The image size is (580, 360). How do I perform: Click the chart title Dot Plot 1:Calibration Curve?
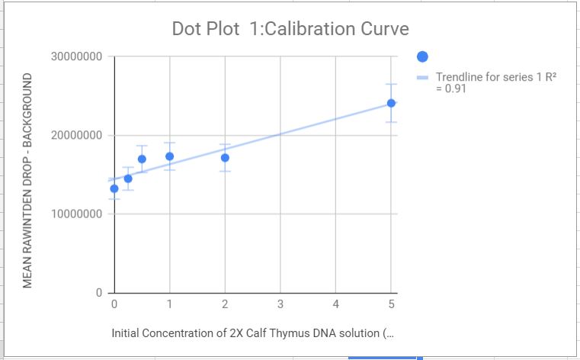pos(290,30)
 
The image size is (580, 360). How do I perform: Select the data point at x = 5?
pos(391,103)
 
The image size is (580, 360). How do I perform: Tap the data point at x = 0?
pos(114,188)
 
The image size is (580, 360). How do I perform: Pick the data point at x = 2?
pos(225,158)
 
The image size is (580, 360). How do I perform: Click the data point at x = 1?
pos(169,156)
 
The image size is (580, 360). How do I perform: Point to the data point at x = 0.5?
pos(142,159)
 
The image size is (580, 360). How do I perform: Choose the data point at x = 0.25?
pos(128,178)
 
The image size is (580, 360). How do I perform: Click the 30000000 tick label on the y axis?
pos(77,58)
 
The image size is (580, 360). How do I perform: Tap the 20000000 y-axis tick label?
pos(77,136)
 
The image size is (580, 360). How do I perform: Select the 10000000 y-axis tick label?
pos(77,214)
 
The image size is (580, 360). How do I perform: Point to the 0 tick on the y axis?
pos(99,293)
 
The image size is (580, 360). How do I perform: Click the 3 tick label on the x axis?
pos(280,304)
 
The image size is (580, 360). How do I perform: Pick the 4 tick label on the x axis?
pos(336,304)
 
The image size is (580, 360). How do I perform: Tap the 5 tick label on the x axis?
pos(391,304)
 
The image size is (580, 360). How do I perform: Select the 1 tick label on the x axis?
pos(169,304)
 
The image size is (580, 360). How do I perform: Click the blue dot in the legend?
pos(423,56)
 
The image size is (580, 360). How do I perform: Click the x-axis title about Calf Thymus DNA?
pos(254,333)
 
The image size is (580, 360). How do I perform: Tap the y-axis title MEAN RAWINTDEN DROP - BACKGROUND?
pos(28,181)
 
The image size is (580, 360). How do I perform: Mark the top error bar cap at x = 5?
pos(391,84)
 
